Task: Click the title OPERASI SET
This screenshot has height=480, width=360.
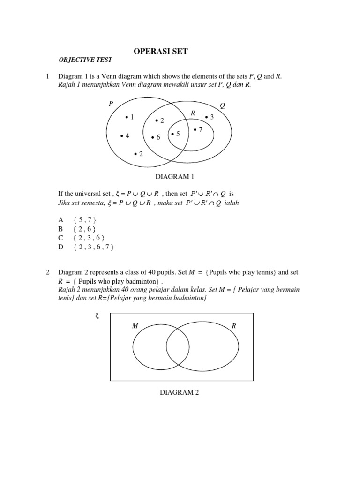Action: click(161, 52)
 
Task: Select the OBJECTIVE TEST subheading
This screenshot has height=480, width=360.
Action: click(85, 60)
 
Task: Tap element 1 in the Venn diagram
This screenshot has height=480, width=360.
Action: click(130, 117)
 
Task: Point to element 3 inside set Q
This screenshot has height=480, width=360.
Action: click(210, 117)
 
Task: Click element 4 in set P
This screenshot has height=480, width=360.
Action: click(125, 136)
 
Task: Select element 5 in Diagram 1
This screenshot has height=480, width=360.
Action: click(175, 135)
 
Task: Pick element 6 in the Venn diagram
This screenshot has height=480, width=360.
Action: click(156, 137)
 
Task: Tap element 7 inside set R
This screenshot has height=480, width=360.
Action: click(198, 129)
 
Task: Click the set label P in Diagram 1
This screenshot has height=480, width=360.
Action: click(111, 104)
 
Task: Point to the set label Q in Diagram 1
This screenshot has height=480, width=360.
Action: click(222, 106)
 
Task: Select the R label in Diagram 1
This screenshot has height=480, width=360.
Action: click(193, 113)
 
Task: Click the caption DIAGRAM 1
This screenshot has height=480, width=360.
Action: click(174, 177)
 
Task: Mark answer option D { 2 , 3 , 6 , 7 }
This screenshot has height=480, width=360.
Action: click(93, 247)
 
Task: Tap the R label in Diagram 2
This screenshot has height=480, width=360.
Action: click(234, 325)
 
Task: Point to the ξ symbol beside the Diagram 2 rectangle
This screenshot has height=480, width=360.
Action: click(97, 316)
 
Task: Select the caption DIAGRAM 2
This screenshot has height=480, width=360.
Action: click(180, 392)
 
